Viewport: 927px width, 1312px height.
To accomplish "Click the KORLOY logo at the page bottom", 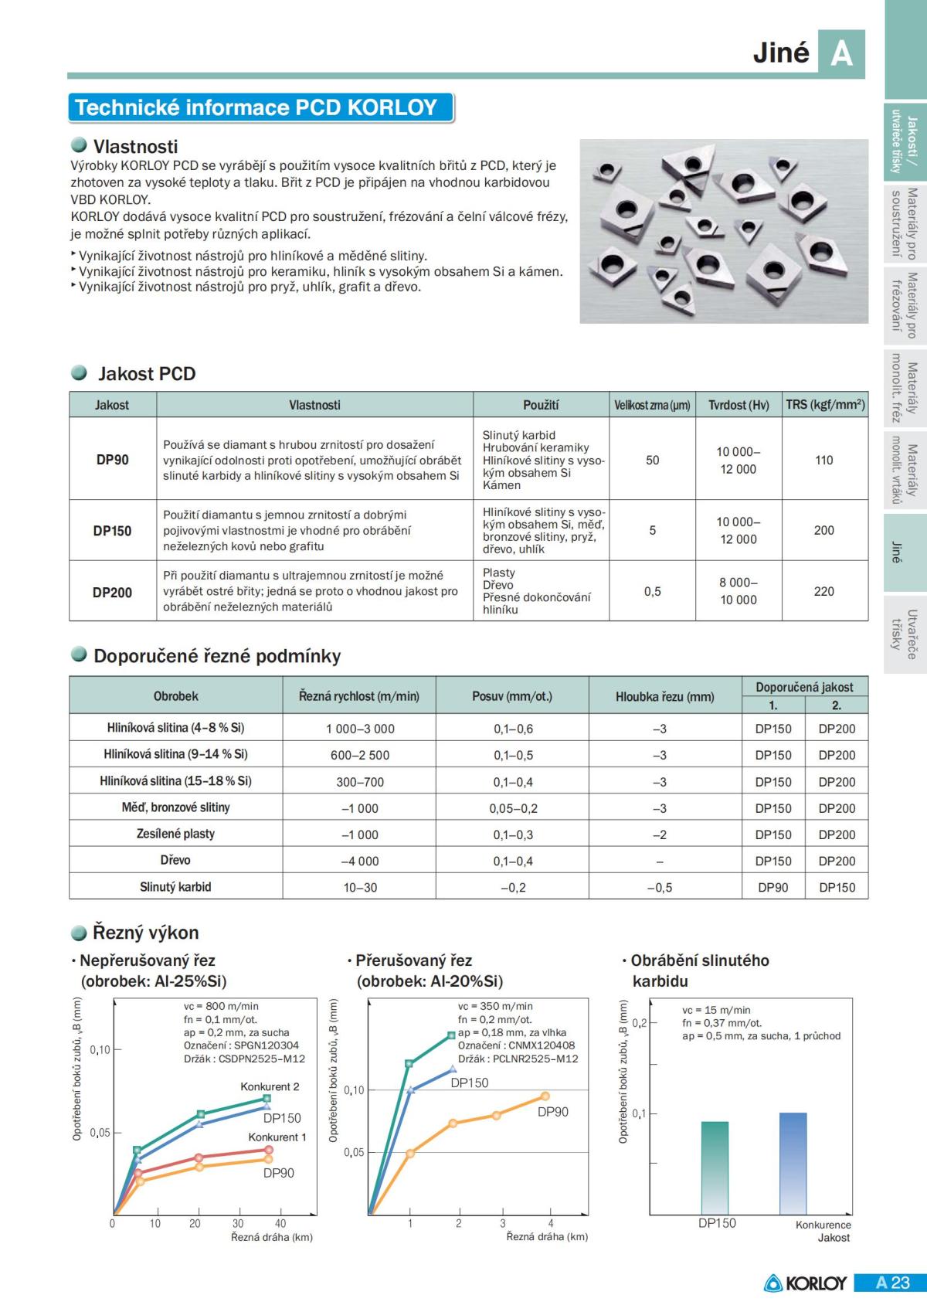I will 806,1283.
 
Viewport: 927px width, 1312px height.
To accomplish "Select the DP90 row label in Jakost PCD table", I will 113,460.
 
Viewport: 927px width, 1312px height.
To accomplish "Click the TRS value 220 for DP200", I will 823,591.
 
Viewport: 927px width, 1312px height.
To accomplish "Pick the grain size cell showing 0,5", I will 652,591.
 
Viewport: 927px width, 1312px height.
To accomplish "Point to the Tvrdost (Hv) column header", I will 739,405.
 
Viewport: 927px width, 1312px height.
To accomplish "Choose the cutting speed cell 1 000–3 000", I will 360,729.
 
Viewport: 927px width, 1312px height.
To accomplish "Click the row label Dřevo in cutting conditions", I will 175,860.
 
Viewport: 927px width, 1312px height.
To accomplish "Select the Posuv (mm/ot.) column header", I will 512,696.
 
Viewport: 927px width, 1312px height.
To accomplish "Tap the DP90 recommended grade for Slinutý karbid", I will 772,888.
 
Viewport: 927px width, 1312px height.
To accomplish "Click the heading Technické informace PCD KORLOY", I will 256,107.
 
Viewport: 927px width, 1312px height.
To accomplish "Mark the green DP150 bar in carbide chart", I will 715,1168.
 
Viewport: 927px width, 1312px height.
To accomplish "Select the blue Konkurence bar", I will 793,1163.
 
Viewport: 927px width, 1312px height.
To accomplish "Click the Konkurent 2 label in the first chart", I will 270,1086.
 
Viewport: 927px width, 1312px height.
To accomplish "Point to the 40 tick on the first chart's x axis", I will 280,1223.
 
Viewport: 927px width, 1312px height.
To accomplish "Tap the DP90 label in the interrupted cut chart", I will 552,1112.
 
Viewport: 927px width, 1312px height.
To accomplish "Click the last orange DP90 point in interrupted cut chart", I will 545,1096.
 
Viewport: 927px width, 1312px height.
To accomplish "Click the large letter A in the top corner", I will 841,53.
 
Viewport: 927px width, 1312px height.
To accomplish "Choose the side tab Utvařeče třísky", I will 904,634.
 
